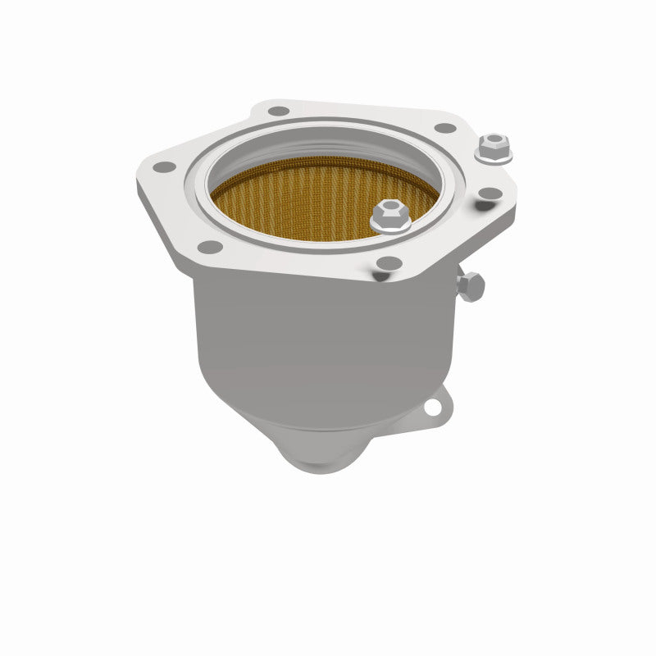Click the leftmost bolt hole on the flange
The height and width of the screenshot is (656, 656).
(165, 166)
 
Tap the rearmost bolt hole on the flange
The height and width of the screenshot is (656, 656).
(279, 111)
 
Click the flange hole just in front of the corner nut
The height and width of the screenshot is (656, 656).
(490, 194)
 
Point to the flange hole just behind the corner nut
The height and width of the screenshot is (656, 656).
(444, 128)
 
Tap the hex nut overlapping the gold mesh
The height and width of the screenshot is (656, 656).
(389, 216)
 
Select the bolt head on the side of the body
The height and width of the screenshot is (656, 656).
(471, 286)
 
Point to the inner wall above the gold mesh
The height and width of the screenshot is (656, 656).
(328, 152)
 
